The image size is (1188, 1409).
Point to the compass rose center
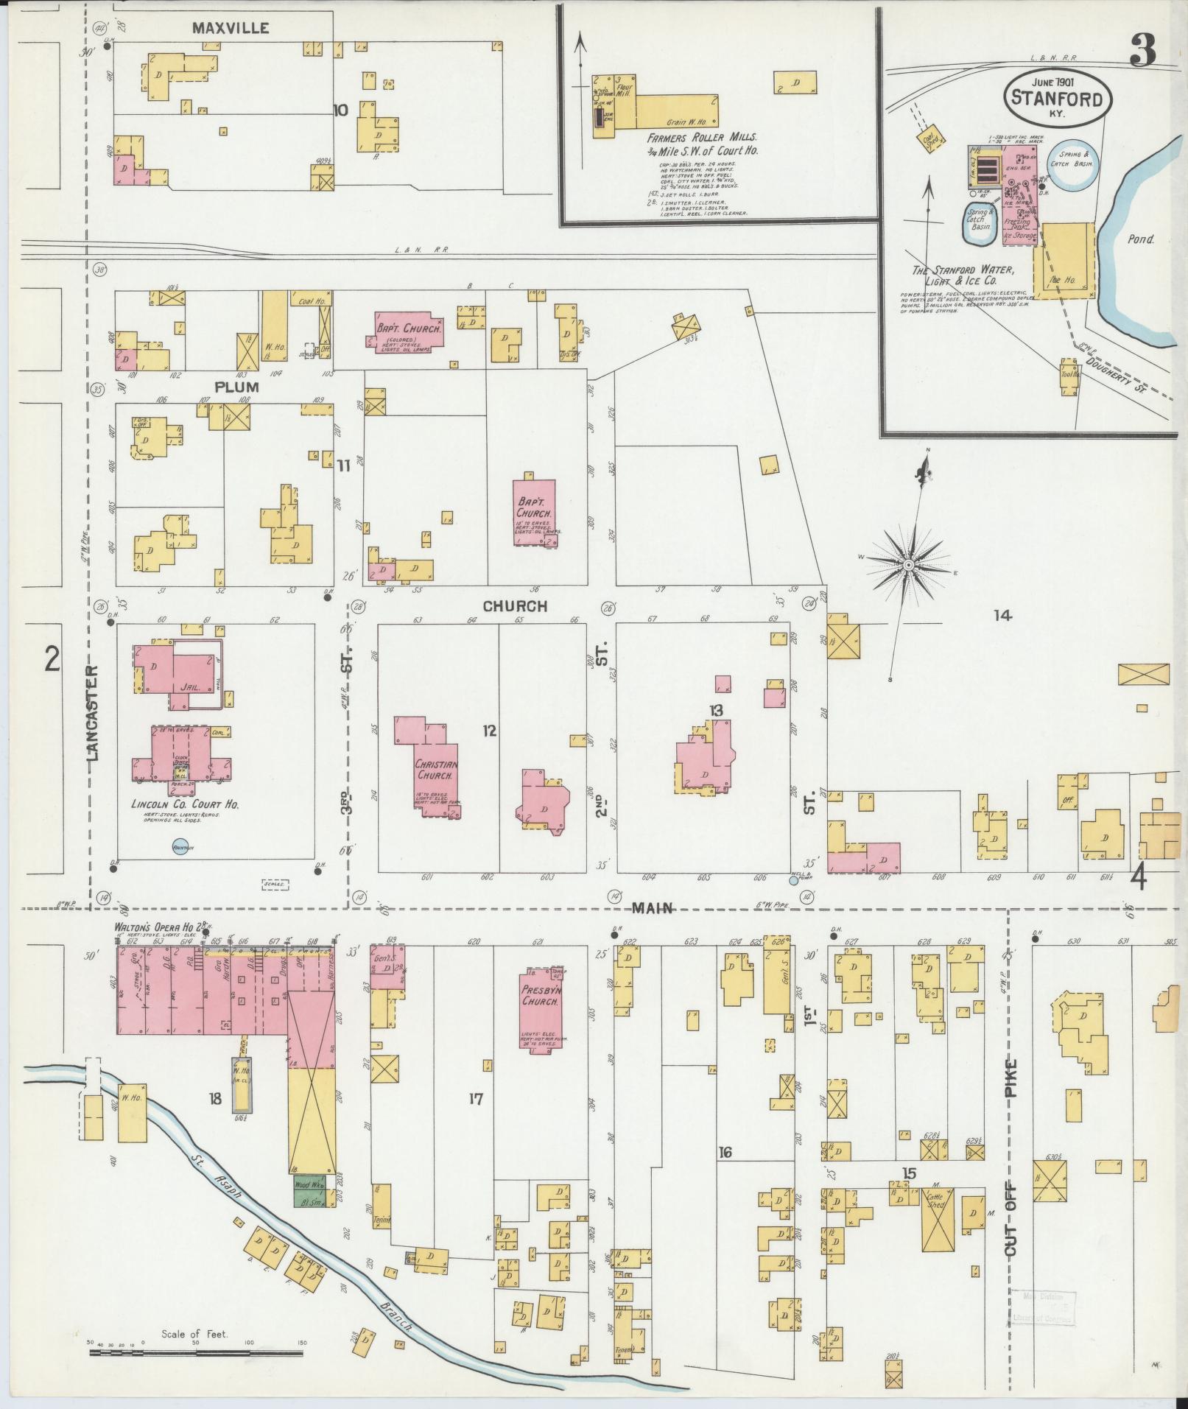click(x=908, y=564)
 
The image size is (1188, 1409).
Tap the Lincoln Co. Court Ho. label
click(x=186, y=804)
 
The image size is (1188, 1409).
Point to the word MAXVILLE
click(x=231, y=29)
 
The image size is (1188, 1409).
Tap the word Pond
click(x=1140, y=239)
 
